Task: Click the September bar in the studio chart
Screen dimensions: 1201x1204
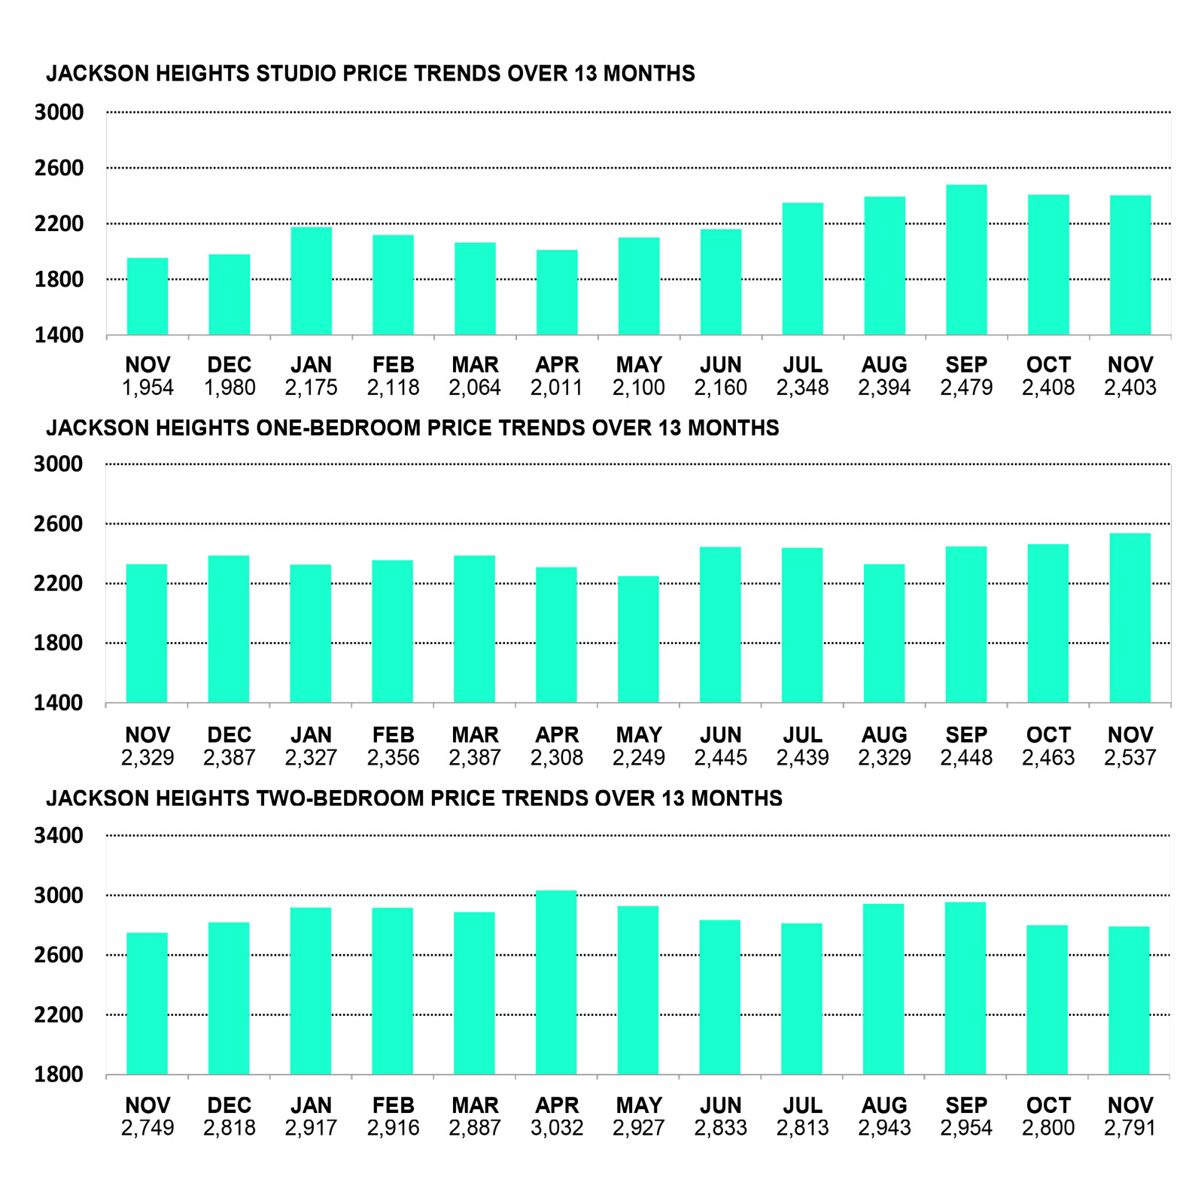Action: coord(966,260)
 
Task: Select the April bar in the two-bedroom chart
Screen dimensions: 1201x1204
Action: coord(556,982)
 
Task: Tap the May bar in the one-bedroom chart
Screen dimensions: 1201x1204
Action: coord(638,640)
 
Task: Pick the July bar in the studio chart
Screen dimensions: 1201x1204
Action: coord(802,269)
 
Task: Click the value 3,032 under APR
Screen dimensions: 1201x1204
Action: coord(557,1128)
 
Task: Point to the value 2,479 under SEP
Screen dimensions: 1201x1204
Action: coord(966,388)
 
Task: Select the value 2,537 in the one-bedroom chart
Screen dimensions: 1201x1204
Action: coord(1130,758)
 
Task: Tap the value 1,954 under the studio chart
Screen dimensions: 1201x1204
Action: coord(147,388)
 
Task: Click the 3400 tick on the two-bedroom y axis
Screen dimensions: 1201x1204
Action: coord(59,835)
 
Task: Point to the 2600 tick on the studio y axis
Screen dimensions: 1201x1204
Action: coord(59,168)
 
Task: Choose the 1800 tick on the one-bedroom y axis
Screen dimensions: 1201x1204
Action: coord(59,643)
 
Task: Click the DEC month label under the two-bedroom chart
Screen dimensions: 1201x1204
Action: coord(229,1105)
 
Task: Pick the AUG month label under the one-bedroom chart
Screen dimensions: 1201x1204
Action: coord(884,735)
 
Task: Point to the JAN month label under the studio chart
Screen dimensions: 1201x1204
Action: coord(311,365)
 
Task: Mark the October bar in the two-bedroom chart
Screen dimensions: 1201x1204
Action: coord(1047,999)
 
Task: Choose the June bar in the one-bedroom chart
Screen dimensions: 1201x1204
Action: coord(720,625)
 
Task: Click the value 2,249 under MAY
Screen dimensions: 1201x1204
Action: coord(638,758)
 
